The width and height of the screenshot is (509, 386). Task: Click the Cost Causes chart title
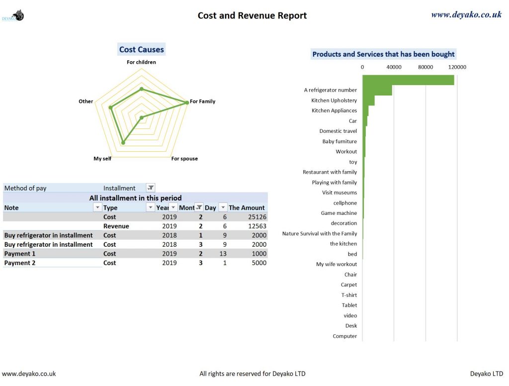142,49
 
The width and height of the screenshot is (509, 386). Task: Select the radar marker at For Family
187,102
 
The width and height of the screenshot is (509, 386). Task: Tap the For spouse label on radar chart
184,159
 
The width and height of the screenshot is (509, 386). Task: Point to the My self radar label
102,159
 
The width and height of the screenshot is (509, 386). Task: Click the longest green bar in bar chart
408,80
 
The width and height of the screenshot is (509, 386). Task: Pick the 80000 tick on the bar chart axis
425,67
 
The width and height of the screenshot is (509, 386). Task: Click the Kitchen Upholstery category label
334,100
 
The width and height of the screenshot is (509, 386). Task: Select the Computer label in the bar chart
344,336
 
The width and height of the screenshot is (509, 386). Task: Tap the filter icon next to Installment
151,188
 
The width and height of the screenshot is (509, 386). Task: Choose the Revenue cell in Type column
116,226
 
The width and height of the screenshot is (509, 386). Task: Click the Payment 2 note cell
20,263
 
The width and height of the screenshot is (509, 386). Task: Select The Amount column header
247,208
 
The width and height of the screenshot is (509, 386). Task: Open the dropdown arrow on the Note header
97,208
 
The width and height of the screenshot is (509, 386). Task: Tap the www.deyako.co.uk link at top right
466,15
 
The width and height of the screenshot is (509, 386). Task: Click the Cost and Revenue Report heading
252,15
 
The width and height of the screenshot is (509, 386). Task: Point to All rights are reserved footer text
252,374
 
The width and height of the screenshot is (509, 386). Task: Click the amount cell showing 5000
258,263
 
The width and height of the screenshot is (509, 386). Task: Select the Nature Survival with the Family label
320,234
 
